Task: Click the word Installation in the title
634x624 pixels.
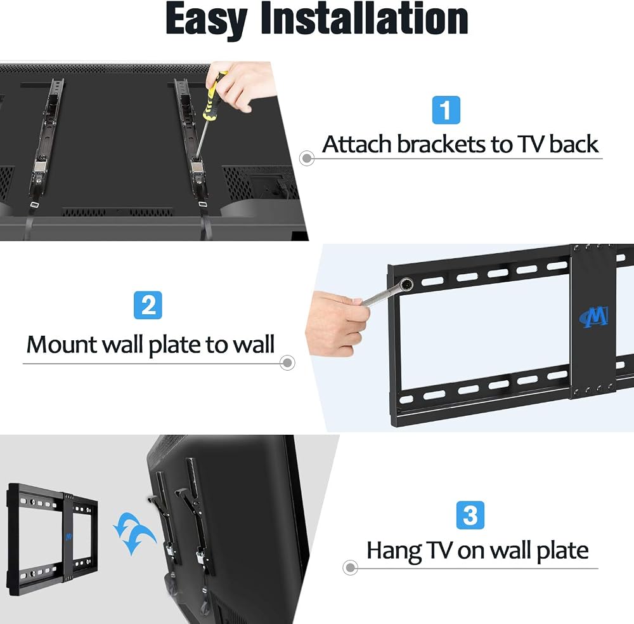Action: click(365, 18)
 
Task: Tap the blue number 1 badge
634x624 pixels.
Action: click(446, 110)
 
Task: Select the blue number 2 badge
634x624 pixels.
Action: click(148, 305)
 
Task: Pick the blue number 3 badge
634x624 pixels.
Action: click(470, 515)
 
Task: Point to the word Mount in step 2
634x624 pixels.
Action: click(62, 345)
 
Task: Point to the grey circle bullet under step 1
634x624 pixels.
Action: click(307, 158)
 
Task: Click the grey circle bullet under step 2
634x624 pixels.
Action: click(287, 362)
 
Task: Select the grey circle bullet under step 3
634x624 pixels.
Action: click(350, 568)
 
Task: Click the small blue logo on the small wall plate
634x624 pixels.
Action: click(68, 537)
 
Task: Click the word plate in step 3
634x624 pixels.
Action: click(562, 552)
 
